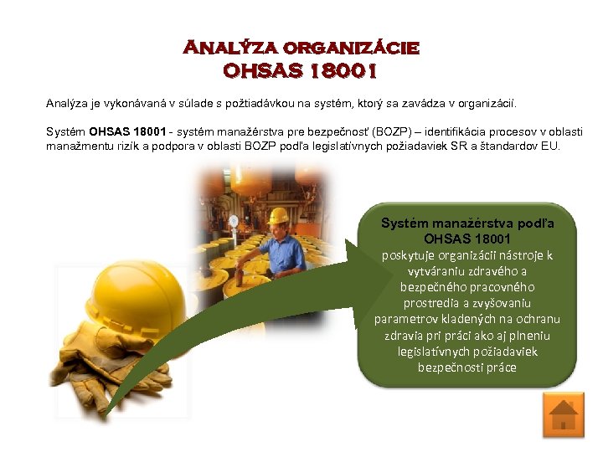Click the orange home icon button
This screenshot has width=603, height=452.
pyautogui.click(x=563, y=416)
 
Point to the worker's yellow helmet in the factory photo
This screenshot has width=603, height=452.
pyautogui.click(x=278, y=215)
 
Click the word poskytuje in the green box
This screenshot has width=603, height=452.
pyautogui.click(x=411, y=255)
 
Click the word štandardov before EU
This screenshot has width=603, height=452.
pyautogui.click(x=516, y=146)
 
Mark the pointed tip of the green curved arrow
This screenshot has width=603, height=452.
pyautogui.click(x=105, y=413)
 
